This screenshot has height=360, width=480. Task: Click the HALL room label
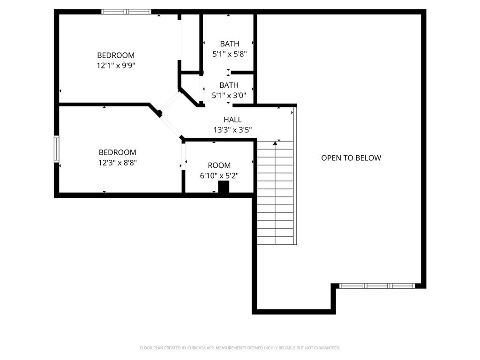click(x=232, y=120)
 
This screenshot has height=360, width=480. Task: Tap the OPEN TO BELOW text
click(x=351, y=158)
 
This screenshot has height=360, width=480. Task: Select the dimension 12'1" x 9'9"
click(x=116, y=66)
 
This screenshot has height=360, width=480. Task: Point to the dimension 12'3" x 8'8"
click(x=117, y=163)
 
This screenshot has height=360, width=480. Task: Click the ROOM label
click(x=219, y=165)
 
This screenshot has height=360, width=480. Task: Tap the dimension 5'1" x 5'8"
click(x=229, y=54)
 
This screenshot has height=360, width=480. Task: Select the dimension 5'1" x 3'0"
click(x=229, y=96)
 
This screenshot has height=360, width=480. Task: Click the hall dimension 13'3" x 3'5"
click(x=232, y=130)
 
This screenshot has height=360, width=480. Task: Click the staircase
click(x=275, y=192)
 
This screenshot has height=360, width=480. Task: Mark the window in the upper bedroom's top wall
click(x=126, y=12)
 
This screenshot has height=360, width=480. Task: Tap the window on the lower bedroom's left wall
click(x=56, y=149)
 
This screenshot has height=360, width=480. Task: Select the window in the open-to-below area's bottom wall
click(x=377, y=285)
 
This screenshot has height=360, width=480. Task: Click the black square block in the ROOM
click(x=224, y=187)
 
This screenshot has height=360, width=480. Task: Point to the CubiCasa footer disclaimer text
click(x=240, y=348)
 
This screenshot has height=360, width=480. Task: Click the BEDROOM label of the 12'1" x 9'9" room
click(x=116, y=55)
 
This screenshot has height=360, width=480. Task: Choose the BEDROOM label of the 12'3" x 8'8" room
click(x=117, y=152)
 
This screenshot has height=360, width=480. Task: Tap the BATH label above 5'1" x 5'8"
click(x=229, y=44)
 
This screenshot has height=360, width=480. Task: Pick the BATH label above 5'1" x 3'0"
click(x=229, y=85)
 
